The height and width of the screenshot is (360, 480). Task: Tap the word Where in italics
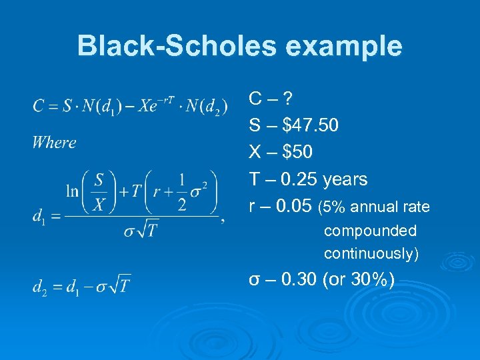(54, 142)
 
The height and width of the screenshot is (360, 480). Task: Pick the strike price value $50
(297, 153)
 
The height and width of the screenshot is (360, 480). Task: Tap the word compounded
(370, 231)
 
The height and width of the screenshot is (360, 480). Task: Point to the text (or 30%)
(358, 280)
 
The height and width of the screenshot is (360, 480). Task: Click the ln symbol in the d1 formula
(72, 191)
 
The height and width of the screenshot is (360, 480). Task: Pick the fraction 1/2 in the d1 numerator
(182, 191)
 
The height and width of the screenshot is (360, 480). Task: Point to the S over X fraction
(99, 191)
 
